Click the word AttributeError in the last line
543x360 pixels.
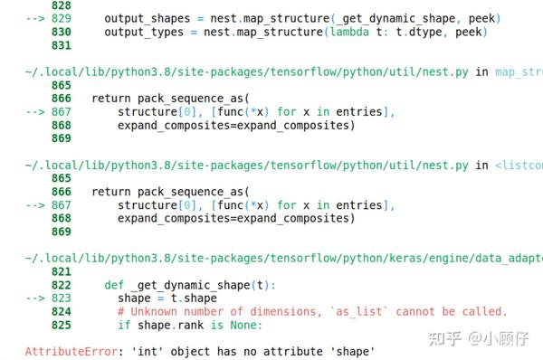[62, 350]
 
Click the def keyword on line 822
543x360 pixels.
[113, 285]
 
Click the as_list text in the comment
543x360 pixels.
[366, 312]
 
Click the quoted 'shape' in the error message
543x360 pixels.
[349, 350]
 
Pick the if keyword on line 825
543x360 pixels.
[123, 325]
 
